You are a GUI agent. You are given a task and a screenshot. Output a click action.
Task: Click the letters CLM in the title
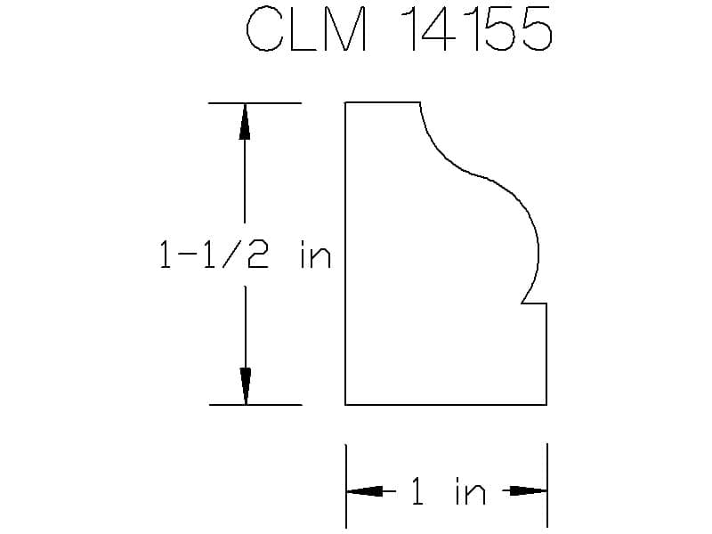[x=306, y=28]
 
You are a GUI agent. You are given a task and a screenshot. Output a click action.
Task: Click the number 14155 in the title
[x=476, y=28]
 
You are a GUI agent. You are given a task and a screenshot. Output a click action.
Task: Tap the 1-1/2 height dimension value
[x=214, y=255]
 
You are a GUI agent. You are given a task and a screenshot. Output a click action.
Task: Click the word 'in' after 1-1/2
[x=316, y=255]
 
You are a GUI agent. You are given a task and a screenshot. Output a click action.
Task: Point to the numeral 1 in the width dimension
[x=417, y=491]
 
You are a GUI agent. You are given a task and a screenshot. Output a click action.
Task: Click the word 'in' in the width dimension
[x=471, y=491]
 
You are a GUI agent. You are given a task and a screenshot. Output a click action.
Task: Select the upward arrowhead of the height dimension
[x=245, y=121]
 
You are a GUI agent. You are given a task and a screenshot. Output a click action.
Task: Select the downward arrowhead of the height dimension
[x=246, y=386]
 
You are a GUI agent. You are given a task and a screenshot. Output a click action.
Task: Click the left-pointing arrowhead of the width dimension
[x=365, y=491]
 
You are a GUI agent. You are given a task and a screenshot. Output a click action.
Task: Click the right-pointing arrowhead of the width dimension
[x=529, y=491]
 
